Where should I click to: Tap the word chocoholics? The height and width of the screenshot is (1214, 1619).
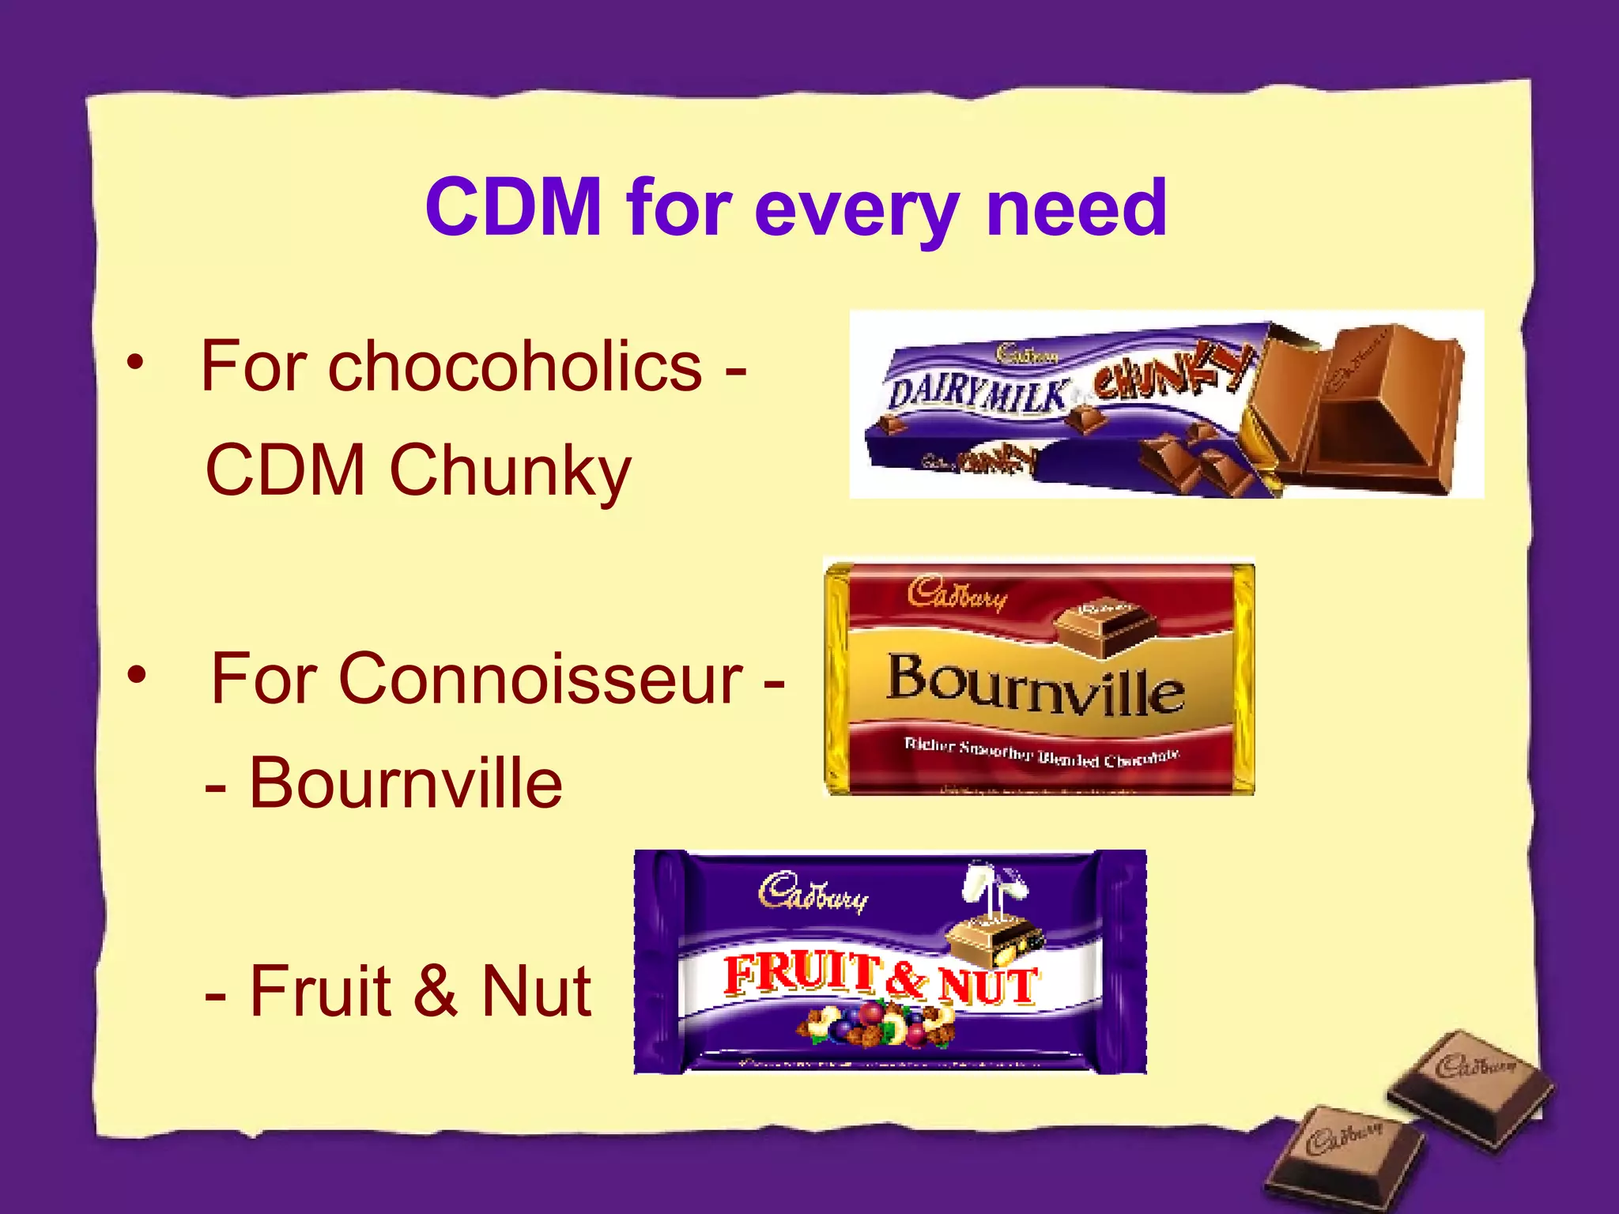pyautogui.click(x=515, y=366)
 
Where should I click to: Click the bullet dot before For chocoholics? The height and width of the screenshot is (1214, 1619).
pyautogui.click(x=136, y=363)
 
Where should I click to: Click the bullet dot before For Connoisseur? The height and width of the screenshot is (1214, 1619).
pyautogui.click(x=138, y=674)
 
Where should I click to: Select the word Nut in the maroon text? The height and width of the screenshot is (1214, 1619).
pyautogui.click(x=536, y=991)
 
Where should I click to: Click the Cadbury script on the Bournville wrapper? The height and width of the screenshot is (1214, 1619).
pyautogui.click(x=957, y=594)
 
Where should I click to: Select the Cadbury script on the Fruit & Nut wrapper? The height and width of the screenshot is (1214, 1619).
pyautogui.click(x=813, y=893)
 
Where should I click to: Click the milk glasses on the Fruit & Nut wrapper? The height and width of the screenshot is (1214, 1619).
pyautogui.click(x=994, y=885)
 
